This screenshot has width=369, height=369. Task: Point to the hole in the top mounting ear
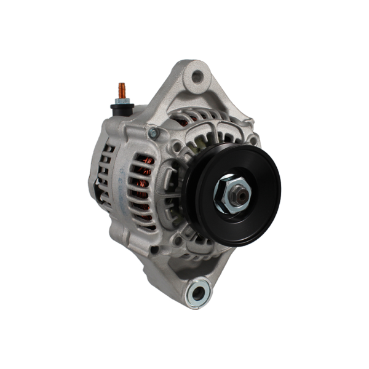tap(197, 77)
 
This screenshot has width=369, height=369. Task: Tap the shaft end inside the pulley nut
tap(242, 196)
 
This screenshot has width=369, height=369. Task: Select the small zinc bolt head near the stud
tap(153, 133)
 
